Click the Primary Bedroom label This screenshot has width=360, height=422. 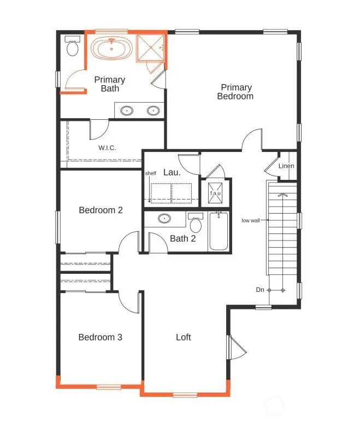(236, 92)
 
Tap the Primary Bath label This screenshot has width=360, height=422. (109, 84)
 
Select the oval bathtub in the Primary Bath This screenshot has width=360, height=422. (111, 49)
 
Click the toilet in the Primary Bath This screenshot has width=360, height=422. (72, 48)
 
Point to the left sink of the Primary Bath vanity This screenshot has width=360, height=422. (127, 111)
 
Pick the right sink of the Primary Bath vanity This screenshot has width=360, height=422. (154, 111)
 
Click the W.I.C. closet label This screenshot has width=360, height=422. (107, 148)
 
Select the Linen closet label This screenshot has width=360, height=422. (286, 166)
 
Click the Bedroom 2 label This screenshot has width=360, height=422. (101, 210)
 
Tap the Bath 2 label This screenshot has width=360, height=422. (182, 238)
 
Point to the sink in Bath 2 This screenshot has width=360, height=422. (164, 219)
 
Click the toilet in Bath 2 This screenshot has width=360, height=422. (195, 224)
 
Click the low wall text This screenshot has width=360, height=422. (251, 221)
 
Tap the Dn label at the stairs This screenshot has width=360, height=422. (260, 290)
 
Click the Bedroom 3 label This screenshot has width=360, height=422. (100, 337)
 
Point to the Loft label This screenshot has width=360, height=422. (184, 337)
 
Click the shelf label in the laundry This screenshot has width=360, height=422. (151, 174)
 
